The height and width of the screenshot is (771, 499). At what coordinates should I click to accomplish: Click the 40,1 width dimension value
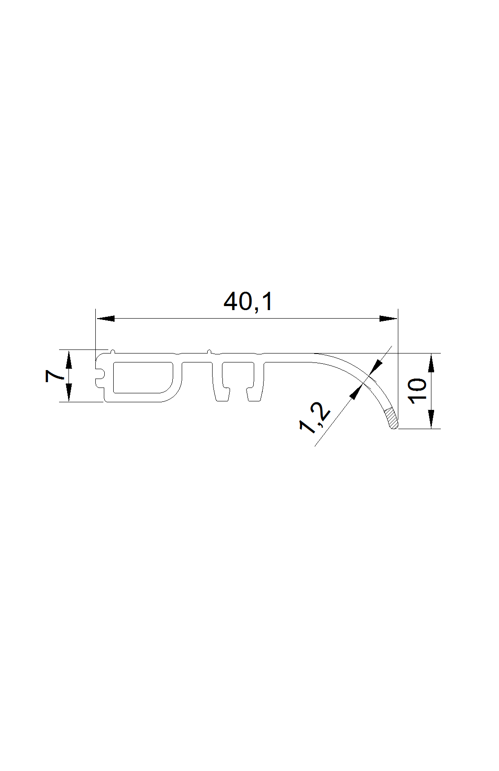(248, 302)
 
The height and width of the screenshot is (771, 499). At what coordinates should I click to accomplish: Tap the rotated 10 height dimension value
(418, 390)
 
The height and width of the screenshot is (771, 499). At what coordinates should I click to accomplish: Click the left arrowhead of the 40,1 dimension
(105, 319)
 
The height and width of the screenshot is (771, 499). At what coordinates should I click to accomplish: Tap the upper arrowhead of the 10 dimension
(431, 363)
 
